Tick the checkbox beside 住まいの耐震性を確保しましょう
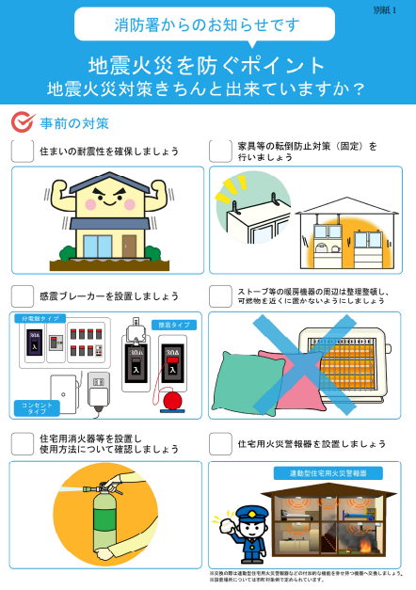[x=23, y=151]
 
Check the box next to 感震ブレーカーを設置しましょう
[x=23, y=296]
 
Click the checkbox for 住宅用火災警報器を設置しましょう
[x=220, y=442]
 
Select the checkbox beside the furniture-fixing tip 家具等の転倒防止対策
[x=220, y=151]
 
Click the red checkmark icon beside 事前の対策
[x=23, y=122]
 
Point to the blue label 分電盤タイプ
[x=40, y=319]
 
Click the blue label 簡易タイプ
[x=174, y=325]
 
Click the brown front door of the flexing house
[x=129, y=246]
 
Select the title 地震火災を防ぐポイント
[x=206, y=65]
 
